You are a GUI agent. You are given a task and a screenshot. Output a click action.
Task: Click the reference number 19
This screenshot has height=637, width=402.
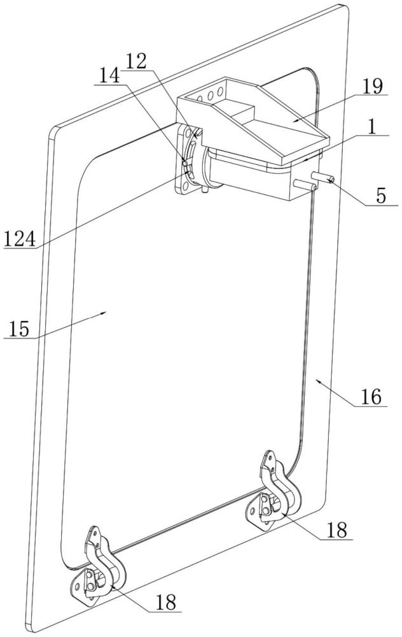[372, 86]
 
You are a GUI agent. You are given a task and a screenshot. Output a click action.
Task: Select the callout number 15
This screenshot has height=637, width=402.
[20, 329]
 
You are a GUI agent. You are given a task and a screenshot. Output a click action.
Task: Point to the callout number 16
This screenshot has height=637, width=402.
[371, 397]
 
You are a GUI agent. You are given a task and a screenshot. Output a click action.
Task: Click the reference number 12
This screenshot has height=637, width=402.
[135, 62]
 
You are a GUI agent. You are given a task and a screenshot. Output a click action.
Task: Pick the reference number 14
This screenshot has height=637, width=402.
[109, 76]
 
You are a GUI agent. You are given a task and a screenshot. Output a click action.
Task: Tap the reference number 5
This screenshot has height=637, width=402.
[381, 196]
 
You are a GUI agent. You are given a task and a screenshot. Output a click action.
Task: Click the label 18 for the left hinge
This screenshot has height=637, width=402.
[166, 602]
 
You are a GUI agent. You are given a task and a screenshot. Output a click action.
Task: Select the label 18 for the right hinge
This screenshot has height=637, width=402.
[336, 531]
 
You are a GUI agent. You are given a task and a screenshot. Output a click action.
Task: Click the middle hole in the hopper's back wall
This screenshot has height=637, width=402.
[211, 96]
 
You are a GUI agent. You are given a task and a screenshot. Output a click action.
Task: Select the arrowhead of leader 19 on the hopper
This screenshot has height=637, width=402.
[296, 120]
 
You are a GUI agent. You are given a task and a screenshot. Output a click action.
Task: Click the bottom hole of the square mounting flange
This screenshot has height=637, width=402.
[185, 186]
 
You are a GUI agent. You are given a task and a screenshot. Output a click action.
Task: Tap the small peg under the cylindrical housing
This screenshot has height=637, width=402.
[205, 189]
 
